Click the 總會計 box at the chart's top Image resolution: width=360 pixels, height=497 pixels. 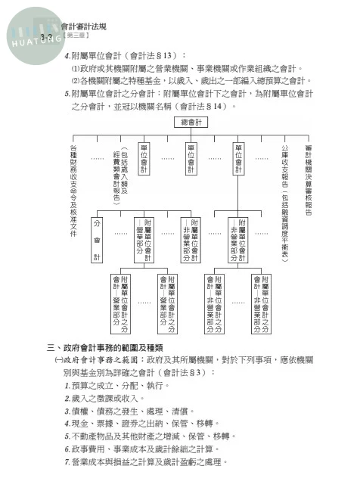tap(191, 122)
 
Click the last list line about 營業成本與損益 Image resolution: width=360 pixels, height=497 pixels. tap(151, 462)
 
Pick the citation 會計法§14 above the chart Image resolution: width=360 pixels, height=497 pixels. tap(201, 106)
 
